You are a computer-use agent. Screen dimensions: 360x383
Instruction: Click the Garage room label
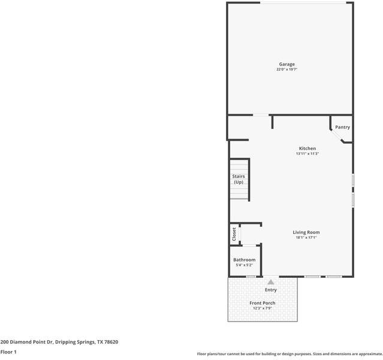coord(287,64)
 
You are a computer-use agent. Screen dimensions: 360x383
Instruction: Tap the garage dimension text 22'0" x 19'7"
coord(287,70)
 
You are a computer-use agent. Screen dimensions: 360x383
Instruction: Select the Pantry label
coord(342,127)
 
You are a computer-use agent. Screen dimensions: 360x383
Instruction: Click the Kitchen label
coord(307,148)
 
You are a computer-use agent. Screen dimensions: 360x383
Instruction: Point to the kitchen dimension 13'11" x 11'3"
coord(307,154)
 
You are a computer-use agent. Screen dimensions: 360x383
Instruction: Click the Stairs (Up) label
coord(239,179)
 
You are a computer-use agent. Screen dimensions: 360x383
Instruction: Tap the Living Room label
coord(306,232)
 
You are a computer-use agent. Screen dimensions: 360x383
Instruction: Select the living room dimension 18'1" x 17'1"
coord(306,238)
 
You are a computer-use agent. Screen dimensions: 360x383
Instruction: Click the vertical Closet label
coord(234,234)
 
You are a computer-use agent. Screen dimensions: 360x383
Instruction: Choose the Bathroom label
coord(245,260)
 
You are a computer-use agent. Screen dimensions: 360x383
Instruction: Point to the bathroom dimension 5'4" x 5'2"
coord(245,265)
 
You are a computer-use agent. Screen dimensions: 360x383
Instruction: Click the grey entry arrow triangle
coord(271,282)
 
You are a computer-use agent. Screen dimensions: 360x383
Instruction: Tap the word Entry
coord(271,290)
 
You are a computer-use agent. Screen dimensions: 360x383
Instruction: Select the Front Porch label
coord(263,303)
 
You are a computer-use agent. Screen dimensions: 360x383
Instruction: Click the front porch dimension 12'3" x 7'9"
coord(263,308)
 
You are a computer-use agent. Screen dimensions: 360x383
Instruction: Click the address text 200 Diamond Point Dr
coord(27,342)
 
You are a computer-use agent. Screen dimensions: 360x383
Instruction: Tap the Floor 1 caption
coord(8,352)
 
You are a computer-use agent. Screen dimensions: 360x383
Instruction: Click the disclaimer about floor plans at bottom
coord(289,354)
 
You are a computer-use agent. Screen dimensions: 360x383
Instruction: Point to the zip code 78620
coord(110,342)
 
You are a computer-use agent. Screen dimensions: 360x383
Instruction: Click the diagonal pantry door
coord(336,136)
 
